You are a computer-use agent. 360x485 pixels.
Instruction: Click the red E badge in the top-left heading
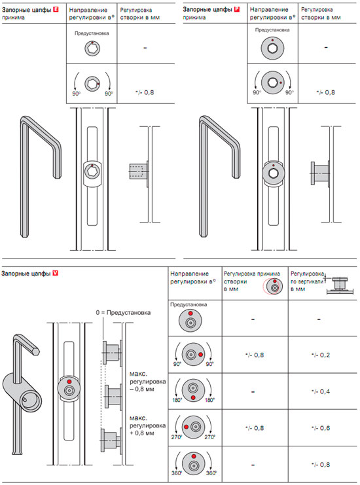(x=56, y=10)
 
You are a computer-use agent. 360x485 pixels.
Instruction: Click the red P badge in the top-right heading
(x=237, y=9)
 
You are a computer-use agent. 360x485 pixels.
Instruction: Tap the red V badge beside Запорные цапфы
(x=56, y=273)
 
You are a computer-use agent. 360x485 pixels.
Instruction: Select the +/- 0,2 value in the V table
(x=321, y=355)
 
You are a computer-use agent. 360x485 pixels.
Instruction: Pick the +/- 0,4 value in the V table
(x=321, y=391)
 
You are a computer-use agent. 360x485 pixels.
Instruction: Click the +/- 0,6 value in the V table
(x=321, y=428)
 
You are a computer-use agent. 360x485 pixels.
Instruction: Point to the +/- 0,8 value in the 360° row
(x=321, y=465)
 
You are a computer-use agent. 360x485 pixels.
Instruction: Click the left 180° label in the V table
(x=177, y=400)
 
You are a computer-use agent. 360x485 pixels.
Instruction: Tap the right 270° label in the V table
(x=210, y=437)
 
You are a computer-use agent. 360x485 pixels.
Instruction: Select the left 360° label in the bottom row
(x=177, y=473)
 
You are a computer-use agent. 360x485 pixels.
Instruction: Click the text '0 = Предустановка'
(x=123, y=313)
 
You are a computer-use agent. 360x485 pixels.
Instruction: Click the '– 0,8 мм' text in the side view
(x=141, y=389)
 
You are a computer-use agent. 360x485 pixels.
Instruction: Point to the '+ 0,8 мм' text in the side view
(x=141, y=433)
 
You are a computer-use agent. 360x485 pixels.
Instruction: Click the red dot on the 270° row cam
(x=186, y=427)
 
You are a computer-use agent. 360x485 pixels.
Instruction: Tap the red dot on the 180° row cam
(x=193, y=397)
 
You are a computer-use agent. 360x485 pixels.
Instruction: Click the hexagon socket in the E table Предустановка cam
(x=92, y=48)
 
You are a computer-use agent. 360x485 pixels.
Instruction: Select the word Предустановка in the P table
(x=272, y=30)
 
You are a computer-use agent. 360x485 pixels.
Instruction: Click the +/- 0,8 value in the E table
(x=145, y=92)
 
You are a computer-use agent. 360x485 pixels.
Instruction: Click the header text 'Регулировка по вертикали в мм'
(x=307, y=281)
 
